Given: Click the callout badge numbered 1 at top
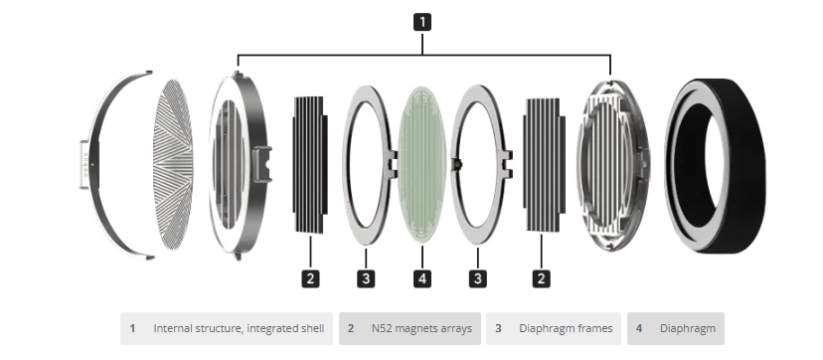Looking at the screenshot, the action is pos(422,22).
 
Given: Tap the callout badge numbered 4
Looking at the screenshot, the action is pos(422,278).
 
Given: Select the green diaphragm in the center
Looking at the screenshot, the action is pos(422,164).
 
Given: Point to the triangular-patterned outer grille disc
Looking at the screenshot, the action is pos(173,164).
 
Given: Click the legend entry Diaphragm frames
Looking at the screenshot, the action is pos(554,328).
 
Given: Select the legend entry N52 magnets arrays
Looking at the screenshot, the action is pos(410,328).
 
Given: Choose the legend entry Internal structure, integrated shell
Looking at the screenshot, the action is pos(227,328).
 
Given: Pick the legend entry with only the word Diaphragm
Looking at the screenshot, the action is pos(676,328).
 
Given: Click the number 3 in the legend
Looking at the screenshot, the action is pos(498,328).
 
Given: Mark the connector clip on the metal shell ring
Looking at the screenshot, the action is pos(262,164).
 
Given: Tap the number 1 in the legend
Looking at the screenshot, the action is pos(132,328).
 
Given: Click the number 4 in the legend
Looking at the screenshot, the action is pos(639,328).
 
